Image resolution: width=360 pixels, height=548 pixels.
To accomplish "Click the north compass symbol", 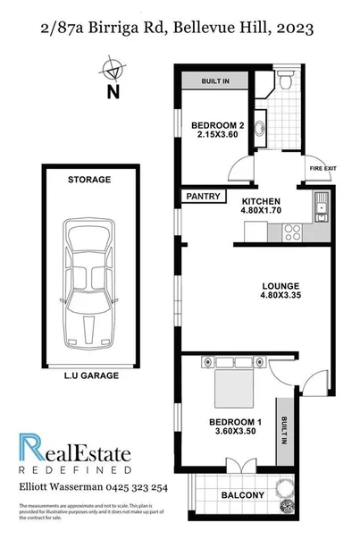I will (113, 69).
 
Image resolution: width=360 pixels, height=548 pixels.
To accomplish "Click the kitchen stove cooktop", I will (291, 232).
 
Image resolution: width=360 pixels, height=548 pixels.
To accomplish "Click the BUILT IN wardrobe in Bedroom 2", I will (214, 81).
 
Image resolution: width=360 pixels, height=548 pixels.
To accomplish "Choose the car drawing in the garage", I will (88, 285).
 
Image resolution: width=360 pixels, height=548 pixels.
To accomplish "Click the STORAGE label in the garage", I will (89, 180).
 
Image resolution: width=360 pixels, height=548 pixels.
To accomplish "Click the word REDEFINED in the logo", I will (75, 469).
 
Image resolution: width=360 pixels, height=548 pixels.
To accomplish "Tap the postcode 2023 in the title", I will (294, 30).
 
